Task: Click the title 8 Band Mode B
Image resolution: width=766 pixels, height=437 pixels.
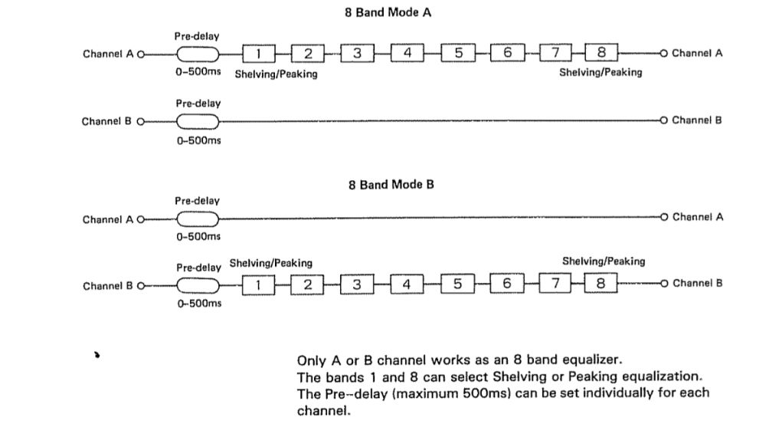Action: (x=391, y=184)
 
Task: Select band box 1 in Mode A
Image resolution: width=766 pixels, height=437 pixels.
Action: (x=259, y=53)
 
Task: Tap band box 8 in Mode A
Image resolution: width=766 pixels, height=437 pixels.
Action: (x=601, y=53)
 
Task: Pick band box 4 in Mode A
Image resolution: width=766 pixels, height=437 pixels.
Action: (x=408, y=53)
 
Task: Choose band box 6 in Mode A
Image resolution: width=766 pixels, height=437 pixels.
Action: (x=507, y=53)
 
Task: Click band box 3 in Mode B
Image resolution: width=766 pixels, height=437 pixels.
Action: (x=356, y=284)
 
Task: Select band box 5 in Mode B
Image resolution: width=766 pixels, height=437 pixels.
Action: (x=457, y=284)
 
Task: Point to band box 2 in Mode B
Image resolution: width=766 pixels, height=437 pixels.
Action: (x=307, y=284)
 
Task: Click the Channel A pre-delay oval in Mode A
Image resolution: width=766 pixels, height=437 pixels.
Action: (x=198, y=54)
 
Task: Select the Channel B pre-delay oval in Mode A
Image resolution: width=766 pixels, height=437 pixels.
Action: (x=198, y=121)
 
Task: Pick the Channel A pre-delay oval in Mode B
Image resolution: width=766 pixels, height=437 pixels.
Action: (x=198, y=219)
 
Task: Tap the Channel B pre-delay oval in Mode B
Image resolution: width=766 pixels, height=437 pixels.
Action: (x=198, y=285)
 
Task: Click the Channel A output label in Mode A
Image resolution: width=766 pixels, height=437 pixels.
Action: (x=697, y=53)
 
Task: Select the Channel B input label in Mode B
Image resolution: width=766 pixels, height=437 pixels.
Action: (x=108, y=285)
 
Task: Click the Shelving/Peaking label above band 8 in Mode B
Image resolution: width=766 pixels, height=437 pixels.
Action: (x=604, y=261)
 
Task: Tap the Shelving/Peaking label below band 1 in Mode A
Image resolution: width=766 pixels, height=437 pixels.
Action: (x=276, y=74)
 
